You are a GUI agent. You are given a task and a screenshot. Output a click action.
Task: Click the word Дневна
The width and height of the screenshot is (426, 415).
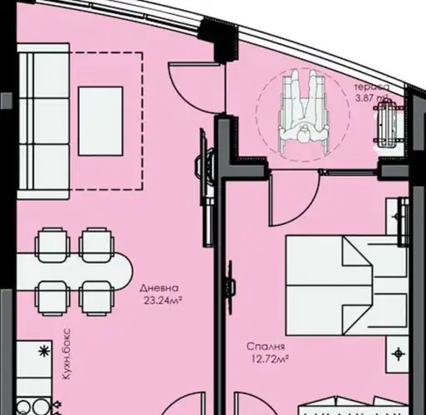click(x=159, y=288)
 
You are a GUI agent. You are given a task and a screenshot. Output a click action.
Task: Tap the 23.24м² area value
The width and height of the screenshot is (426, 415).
click(x=163, y=300)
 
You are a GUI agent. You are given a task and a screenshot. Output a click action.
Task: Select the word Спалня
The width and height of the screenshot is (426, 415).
click(x=266, y=346)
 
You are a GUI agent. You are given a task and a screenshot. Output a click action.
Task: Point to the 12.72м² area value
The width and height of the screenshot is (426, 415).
click(x=270, y=359)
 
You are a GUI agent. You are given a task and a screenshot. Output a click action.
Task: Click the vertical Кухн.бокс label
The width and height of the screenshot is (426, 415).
click(x=66, y=354)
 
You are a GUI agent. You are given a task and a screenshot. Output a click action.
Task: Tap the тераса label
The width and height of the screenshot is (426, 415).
click(x=372, y=87)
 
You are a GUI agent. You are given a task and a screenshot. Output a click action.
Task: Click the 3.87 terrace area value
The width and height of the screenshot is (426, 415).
click(x=367, y=98)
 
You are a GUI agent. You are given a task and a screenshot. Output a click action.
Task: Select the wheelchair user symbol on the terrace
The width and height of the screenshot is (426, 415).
click(x=304, y=113)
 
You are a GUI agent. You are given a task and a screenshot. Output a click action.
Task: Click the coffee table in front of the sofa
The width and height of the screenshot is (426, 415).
click(x=100, y=121)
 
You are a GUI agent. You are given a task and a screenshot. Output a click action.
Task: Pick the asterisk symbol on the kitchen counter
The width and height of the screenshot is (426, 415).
click(x=44, y=351)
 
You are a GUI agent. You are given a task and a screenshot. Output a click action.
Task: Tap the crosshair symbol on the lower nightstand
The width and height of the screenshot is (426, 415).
click(x=398, y=354)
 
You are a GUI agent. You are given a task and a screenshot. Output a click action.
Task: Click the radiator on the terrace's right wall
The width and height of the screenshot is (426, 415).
click(x=388, y=123)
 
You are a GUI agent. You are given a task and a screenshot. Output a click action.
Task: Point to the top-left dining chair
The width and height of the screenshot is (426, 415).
click(x=52, y=245)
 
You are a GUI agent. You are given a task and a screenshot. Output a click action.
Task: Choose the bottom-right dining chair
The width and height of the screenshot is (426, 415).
click(x=96, y=298)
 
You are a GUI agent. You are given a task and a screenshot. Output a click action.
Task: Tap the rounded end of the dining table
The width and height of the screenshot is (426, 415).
click(x=124, y=271)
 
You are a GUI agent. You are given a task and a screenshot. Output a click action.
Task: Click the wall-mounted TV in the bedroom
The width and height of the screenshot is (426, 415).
click(x=230, y=286)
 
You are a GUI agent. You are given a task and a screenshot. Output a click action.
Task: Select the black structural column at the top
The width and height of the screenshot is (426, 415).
click(x=218, y=40)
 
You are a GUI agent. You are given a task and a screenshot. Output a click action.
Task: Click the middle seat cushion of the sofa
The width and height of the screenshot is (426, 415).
click(x=51, y=121)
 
